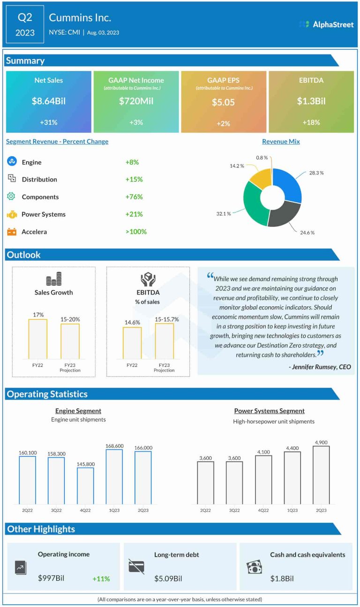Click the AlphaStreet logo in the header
click(x=326, y=24)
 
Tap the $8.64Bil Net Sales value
click(x=48, y=101)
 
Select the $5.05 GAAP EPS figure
click(x=223, y=102)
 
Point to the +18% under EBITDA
click(x=311, y=122)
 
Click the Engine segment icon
click(x=12, y=162)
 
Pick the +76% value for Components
click(x=134, y=197)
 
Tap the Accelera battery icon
click(x=12, y=232)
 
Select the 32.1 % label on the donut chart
click(x=223, y=213)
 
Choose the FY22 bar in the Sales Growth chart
click(x=37, y=339)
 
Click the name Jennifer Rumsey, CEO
click(x=320, y=367)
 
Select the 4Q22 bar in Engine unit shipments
click(x=85, y=486)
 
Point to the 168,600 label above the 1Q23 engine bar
click(x=114, y=446)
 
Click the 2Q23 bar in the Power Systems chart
click(x=321, y=475)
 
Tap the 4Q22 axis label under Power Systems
click(x=263, y=510)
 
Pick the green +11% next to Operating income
click(x=101, y=579)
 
